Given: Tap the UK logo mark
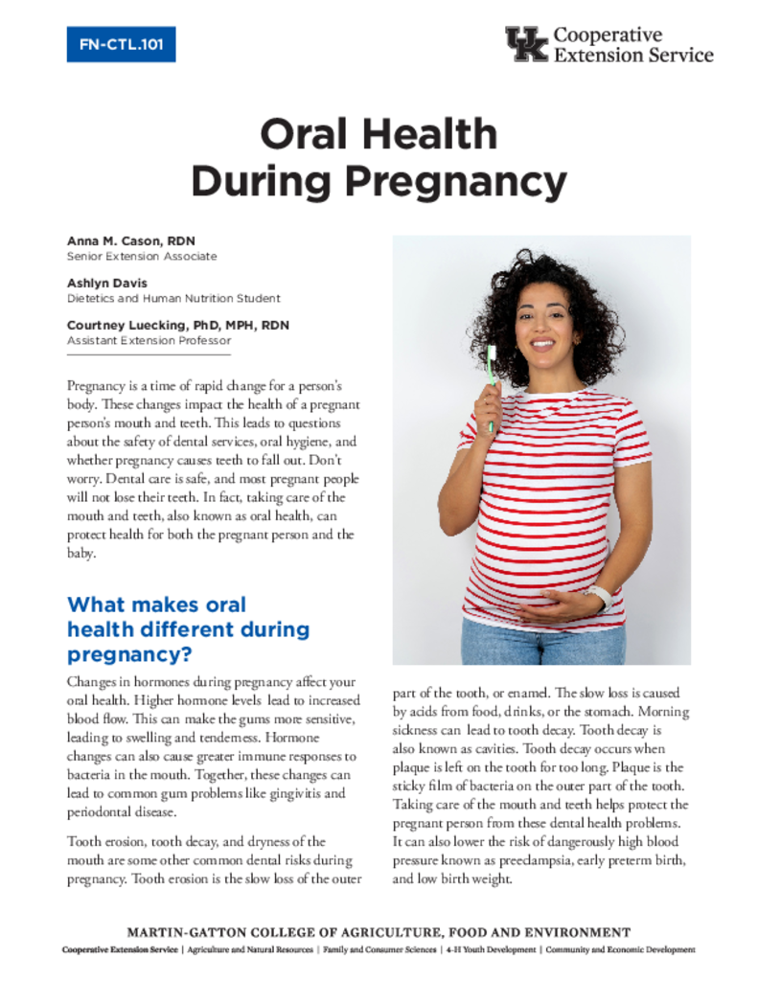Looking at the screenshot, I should tap(526, 44).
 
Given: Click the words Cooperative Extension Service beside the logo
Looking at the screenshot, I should tap(633, 45).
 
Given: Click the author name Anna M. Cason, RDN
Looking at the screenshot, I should tap(131, 241).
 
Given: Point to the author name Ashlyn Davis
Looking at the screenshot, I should tap(108, 284).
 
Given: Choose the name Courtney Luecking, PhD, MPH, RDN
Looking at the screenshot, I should tap(177, 326).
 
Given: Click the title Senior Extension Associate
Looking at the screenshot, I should tap(142, 257).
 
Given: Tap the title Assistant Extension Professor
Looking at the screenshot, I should tap(149, 340).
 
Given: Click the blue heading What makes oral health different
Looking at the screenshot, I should tap(188, 629).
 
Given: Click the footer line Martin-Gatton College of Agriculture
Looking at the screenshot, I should tap(379, 932).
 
